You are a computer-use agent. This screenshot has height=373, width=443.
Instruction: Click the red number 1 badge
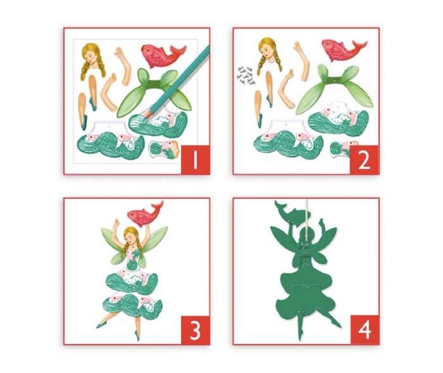point(195,160)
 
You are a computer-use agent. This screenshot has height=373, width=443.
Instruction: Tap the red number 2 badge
point(364,160)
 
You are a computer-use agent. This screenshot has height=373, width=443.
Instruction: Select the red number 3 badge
point(195,330)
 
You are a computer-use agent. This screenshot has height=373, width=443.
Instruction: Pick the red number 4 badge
point(365,330)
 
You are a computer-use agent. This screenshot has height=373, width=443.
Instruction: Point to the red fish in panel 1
point(163,56)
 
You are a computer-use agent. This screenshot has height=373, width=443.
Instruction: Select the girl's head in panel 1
point(92,60)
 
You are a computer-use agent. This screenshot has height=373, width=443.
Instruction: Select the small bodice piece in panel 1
point(164,149)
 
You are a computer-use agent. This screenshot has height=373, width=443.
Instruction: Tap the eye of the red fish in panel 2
point(328,44)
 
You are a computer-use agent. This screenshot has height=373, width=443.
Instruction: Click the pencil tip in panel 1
point(145,119)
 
